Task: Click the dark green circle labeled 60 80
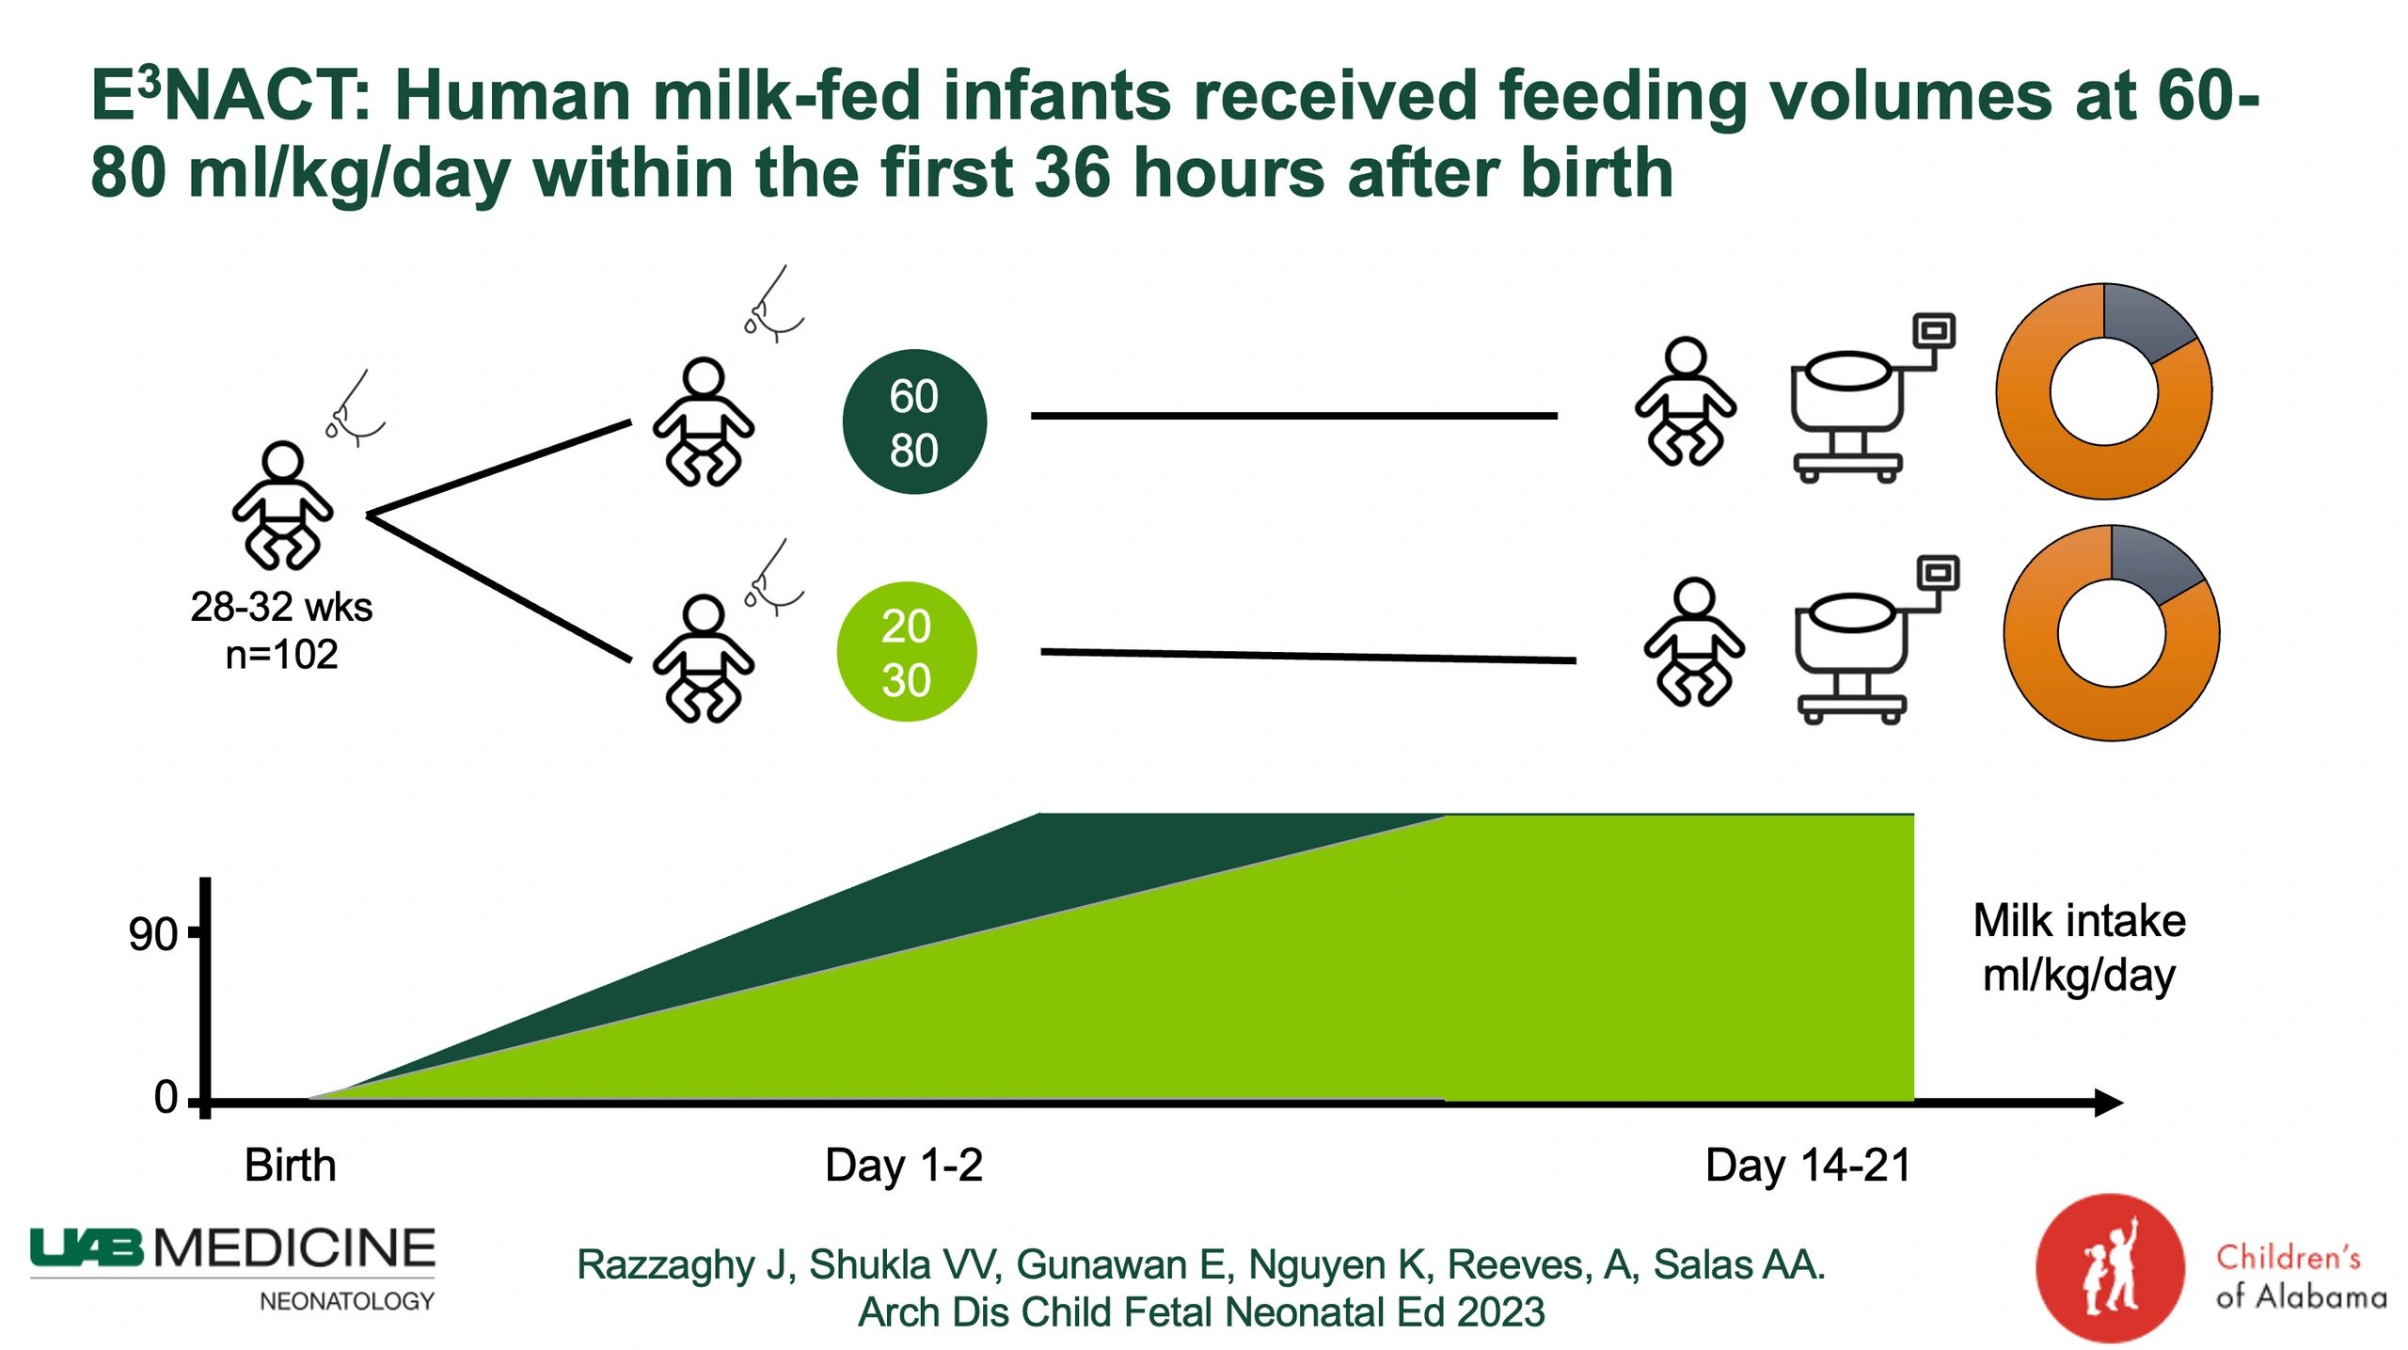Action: [913, 421]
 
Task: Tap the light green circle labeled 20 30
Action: [906, 652]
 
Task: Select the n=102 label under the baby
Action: [281, 654]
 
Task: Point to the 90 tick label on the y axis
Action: [152, 934]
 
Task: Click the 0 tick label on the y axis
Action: [166, 1097]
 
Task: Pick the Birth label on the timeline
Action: [290, 1165]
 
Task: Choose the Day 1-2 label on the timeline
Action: [903, 1165]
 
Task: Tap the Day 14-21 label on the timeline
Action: [1808, 1165]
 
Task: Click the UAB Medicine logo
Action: [232, 1249]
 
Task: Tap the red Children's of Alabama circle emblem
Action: [2109, 1266]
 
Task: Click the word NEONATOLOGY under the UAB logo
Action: [346, 1301]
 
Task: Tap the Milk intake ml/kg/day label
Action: [2079, 947]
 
